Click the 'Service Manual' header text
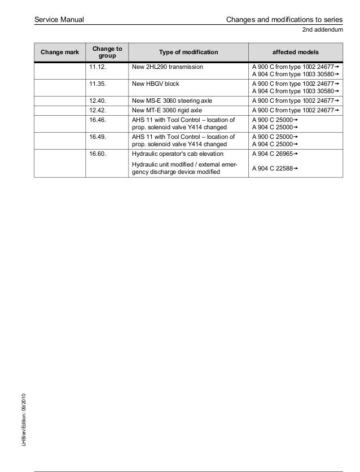click(59, 20)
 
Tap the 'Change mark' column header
click(60, 53)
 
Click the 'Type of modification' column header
click(188, 53)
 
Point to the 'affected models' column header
click(296, 53)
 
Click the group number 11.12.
click(98, 67)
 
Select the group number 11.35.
click(98, 83)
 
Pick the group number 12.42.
click(98, 110)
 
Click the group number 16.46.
click(98, 120)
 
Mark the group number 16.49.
click(98, 137)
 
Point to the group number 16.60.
click(98, 153)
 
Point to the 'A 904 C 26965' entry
click(275, 153)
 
